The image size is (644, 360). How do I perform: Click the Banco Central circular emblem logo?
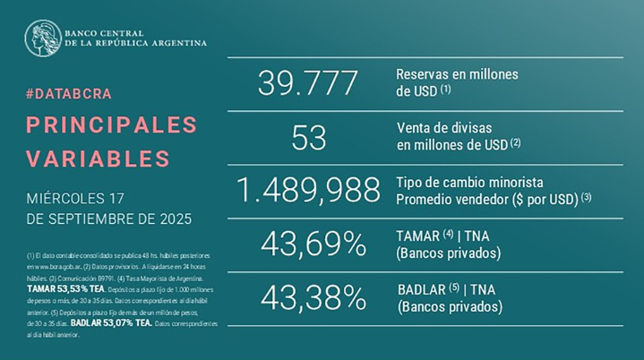pos(42,37)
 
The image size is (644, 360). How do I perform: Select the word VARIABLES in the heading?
pos(98,159)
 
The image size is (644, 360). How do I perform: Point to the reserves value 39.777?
pos(307,83)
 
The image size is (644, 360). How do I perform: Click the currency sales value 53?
pos(307,137)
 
